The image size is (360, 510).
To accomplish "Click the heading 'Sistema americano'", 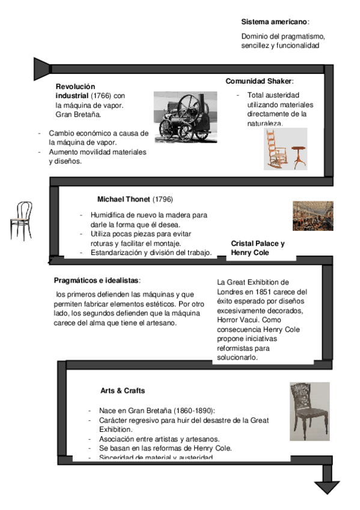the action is (x=274, y=22).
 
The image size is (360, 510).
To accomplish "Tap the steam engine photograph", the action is (x=185, y=117).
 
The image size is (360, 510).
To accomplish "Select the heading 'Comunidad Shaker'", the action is (x=259, y=81).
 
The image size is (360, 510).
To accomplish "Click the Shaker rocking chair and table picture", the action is (x=285, y=149).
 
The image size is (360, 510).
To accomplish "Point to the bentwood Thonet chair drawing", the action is (x=21, y=221).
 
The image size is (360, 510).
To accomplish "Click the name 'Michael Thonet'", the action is (x=124, y=199).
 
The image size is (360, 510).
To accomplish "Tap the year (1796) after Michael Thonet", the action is (x=162, y=199).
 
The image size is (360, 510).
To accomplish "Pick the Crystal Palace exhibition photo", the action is (x=313, y=216).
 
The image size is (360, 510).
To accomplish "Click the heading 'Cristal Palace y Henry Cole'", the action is (x=258, y=248).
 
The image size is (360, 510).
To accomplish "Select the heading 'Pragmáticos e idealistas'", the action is (x=96, y=280).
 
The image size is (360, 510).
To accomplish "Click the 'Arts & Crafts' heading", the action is (x=123, y=391).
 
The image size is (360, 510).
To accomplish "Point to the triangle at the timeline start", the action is (x=41, y=69).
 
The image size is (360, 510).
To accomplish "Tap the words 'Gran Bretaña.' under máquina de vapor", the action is (x=78, y=114).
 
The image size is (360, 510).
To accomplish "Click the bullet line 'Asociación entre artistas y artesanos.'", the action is (x=159, y=439).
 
